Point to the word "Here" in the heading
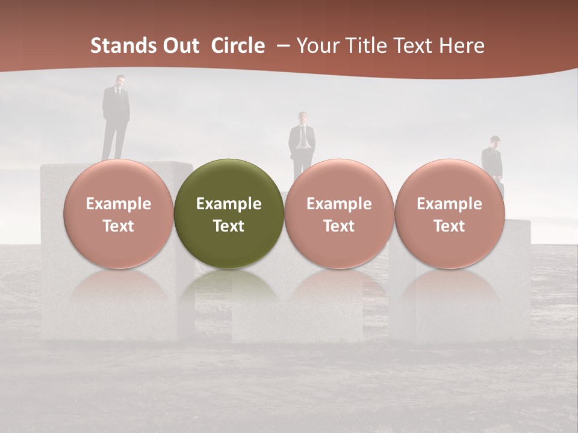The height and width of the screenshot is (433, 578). click(x=462, y=46)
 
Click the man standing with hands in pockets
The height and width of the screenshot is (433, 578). click(x=302, y=142)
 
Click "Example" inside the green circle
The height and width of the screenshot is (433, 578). click(x=229, y=204)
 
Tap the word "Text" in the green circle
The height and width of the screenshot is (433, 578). click(x=229, y=226)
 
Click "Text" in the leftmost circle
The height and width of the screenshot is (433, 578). click(x=118, y=226)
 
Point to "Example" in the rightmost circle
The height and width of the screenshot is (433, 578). click(x=449, y=204)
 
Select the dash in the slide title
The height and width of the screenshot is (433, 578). click(x=283, y=46)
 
